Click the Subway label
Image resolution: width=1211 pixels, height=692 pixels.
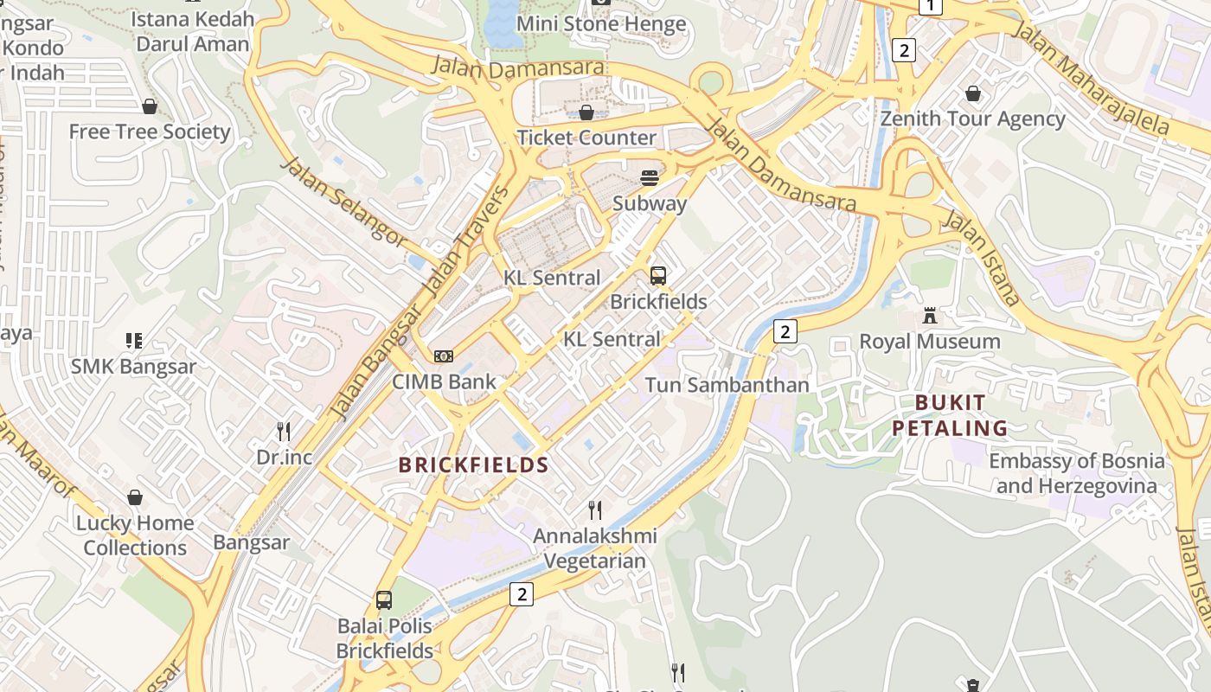pos(650,204)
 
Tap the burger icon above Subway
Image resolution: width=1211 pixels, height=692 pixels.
pos(650,178)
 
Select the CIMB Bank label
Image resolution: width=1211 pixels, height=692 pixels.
pos(445,381)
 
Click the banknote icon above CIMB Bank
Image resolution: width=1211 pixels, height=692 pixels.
pos(444,356)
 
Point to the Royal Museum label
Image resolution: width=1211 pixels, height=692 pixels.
pos(930,342)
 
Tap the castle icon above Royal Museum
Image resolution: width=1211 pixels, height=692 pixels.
pos(930,316)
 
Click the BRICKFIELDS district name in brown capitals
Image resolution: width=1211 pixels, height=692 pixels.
pos(474,465)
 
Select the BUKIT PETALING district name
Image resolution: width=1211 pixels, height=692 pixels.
pos(950,415)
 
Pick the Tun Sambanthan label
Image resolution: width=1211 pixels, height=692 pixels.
pos(727,385)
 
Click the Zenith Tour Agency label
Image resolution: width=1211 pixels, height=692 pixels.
pos(973,119)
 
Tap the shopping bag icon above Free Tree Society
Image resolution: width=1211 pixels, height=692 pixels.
pos(150,106)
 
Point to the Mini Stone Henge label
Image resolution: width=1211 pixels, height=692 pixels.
pos(601,23)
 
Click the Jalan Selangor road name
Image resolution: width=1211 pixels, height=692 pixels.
pos(343,201)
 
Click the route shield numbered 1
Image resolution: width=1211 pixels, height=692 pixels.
pos(930,7)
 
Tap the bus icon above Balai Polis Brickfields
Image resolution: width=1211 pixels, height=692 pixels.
pos(384,599)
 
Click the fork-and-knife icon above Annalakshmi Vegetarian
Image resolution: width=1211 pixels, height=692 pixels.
pos(594,509)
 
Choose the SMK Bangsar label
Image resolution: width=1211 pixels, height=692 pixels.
pos(133,366)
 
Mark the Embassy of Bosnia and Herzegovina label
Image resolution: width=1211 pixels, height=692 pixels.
pos(1077,473)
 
